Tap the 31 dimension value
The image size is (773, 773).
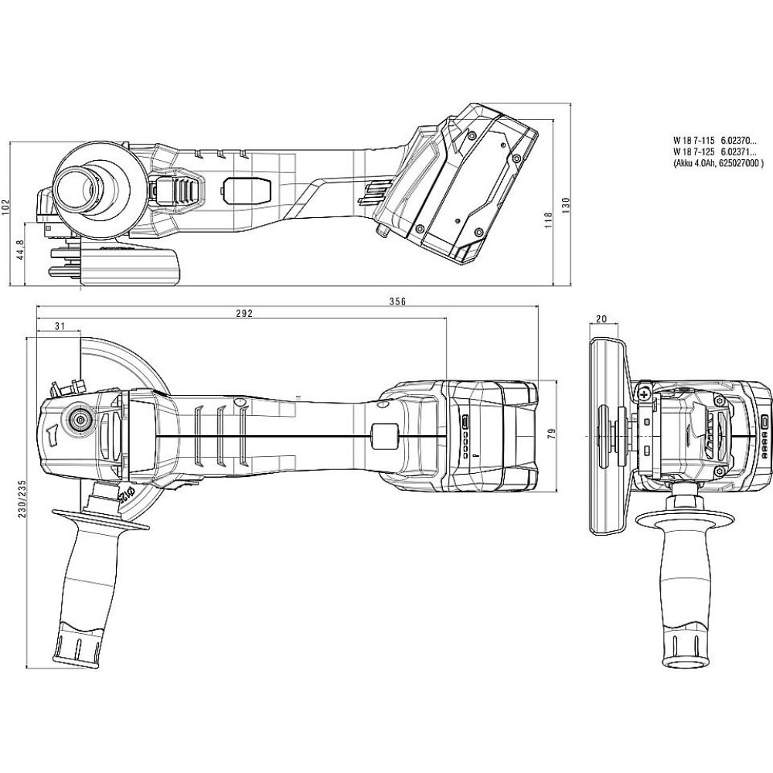tap(60, 327)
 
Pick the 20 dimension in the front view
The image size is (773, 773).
tap(602, 319)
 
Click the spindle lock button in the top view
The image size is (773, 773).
tap(80, 419)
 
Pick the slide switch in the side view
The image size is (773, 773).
tap(247, 189)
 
